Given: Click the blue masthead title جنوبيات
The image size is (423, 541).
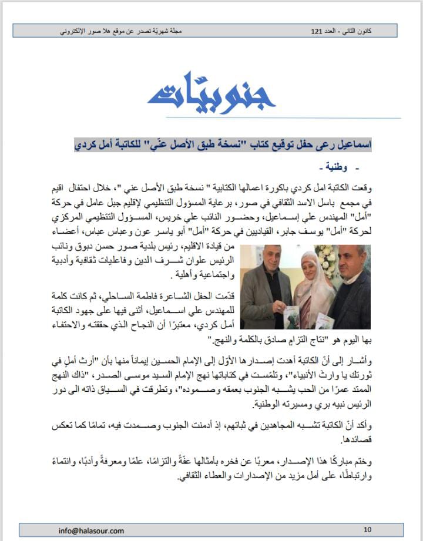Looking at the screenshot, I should click(x=211, y=94).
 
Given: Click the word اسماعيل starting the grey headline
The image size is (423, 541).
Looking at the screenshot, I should click(x=354, y=143).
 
